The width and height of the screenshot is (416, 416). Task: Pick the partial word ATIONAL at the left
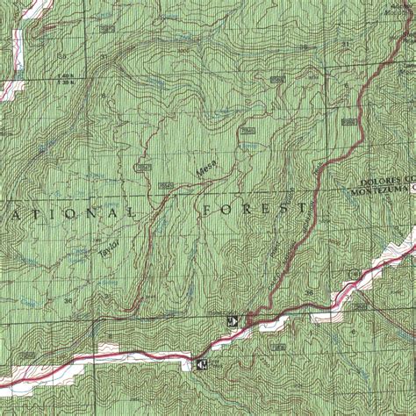coord(70,213)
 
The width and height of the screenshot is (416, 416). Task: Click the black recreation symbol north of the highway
coord(233,319)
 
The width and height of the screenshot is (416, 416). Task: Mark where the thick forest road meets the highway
coord(249,323)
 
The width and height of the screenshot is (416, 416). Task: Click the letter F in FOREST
coord(208,212)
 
